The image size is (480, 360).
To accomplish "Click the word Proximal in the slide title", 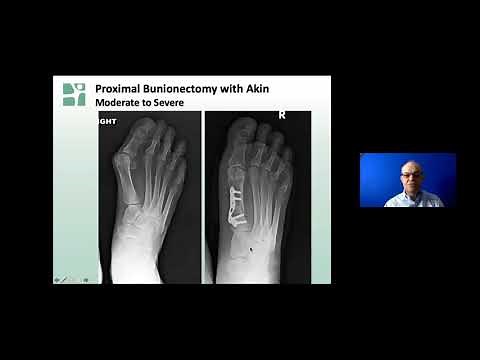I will click(116, 88).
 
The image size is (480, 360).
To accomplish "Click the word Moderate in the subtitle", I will click(119, 102).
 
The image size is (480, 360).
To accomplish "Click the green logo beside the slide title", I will click(74, 94).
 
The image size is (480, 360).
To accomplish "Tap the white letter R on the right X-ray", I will click(282, 115).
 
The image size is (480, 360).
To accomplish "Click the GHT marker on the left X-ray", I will click(108, 121).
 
